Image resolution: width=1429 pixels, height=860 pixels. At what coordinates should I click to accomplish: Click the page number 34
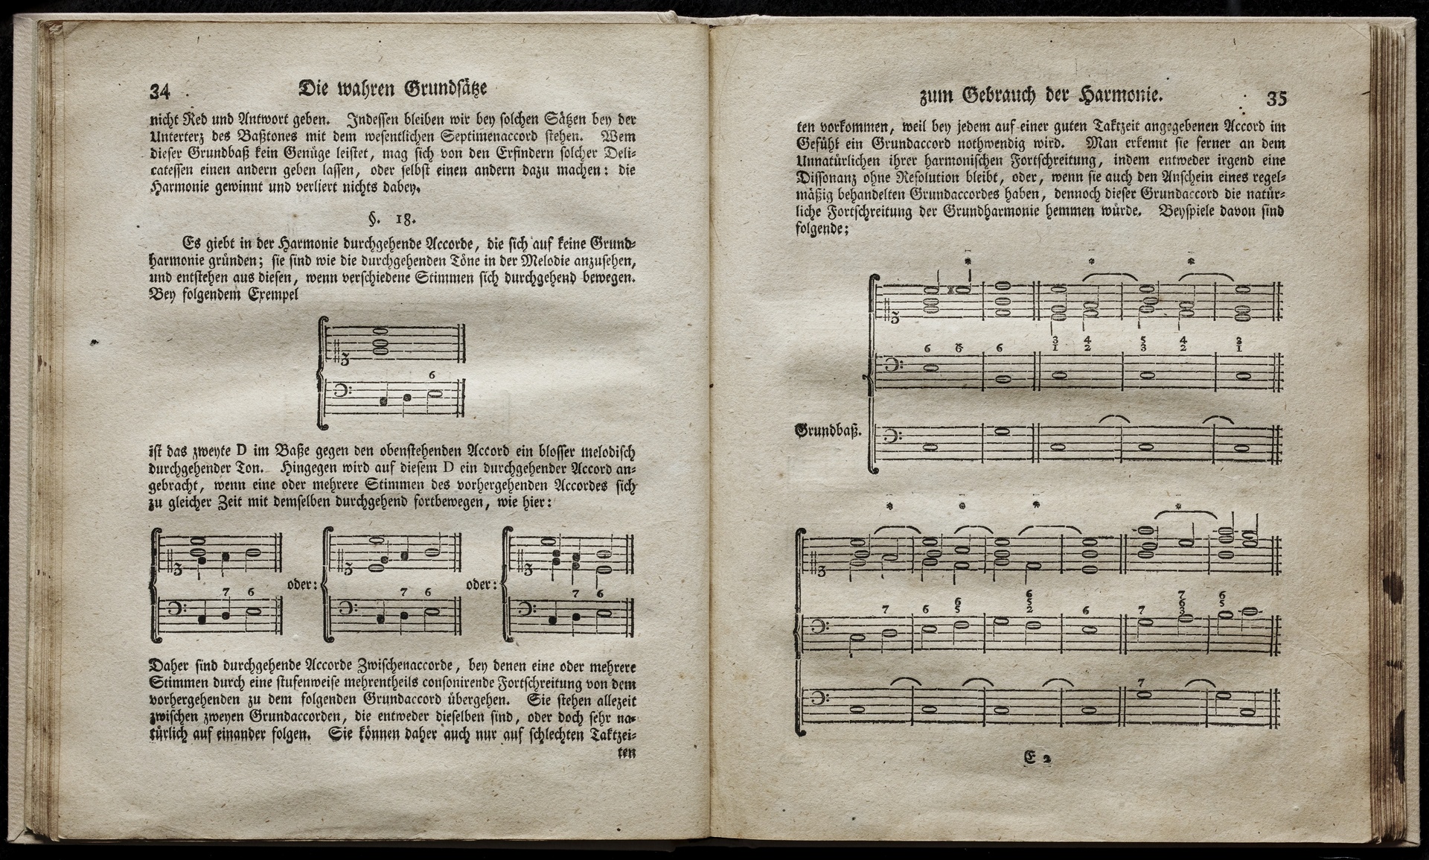click(160, 92)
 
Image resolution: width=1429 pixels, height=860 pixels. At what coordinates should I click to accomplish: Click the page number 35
click(1276, 98)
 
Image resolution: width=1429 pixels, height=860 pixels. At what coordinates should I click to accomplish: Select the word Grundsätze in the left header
click(446, 89)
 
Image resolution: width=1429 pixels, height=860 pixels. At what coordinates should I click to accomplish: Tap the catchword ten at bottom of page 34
click(627, 753)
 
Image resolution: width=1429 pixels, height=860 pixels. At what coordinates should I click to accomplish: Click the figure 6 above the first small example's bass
click(432, 375)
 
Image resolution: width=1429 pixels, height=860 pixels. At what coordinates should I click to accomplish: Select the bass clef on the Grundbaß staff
click(890, 436)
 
